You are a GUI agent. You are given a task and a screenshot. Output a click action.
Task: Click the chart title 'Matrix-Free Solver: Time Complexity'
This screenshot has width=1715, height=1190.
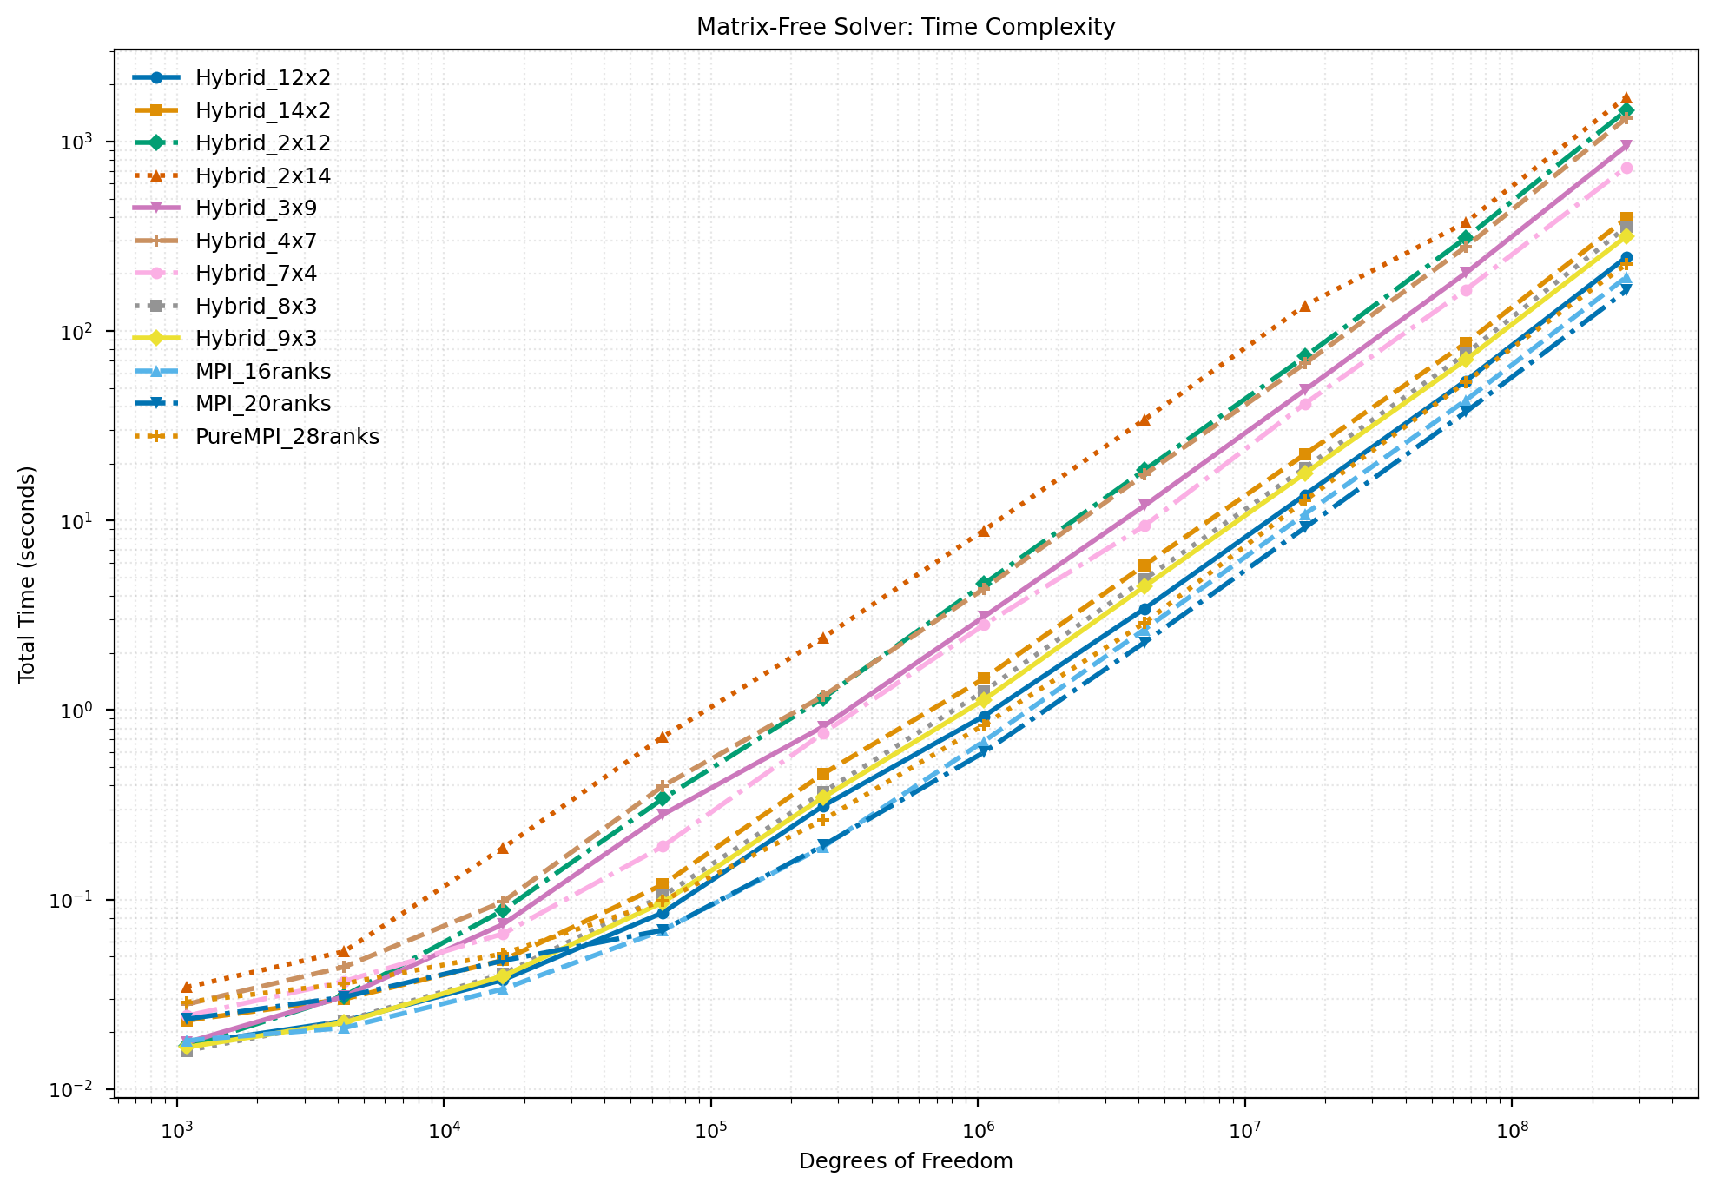tap(906, 28)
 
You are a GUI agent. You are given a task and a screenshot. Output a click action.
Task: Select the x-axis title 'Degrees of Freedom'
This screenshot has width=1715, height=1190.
tap(906, 1161)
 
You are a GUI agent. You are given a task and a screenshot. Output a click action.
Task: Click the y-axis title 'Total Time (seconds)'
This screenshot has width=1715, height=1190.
tap(28, 574)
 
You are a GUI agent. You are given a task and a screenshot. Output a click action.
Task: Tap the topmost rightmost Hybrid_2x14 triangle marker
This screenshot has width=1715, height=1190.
tap(1626, 98)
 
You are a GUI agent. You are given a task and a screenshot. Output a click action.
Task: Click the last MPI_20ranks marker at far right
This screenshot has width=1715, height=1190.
tap(1626, 290)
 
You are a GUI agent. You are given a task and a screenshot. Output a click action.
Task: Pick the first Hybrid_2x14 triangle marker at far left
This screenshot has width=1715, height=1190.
tap(186, 988)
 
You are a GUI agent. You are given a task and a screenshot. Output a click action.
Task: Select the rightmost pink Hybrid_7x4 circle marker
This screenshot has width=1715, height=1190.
tap(1626, 168)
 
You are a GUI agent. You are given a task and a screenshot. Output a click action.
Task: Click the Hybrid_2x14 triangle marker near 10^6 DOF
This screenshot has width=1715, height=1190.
tap(983, 531)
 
